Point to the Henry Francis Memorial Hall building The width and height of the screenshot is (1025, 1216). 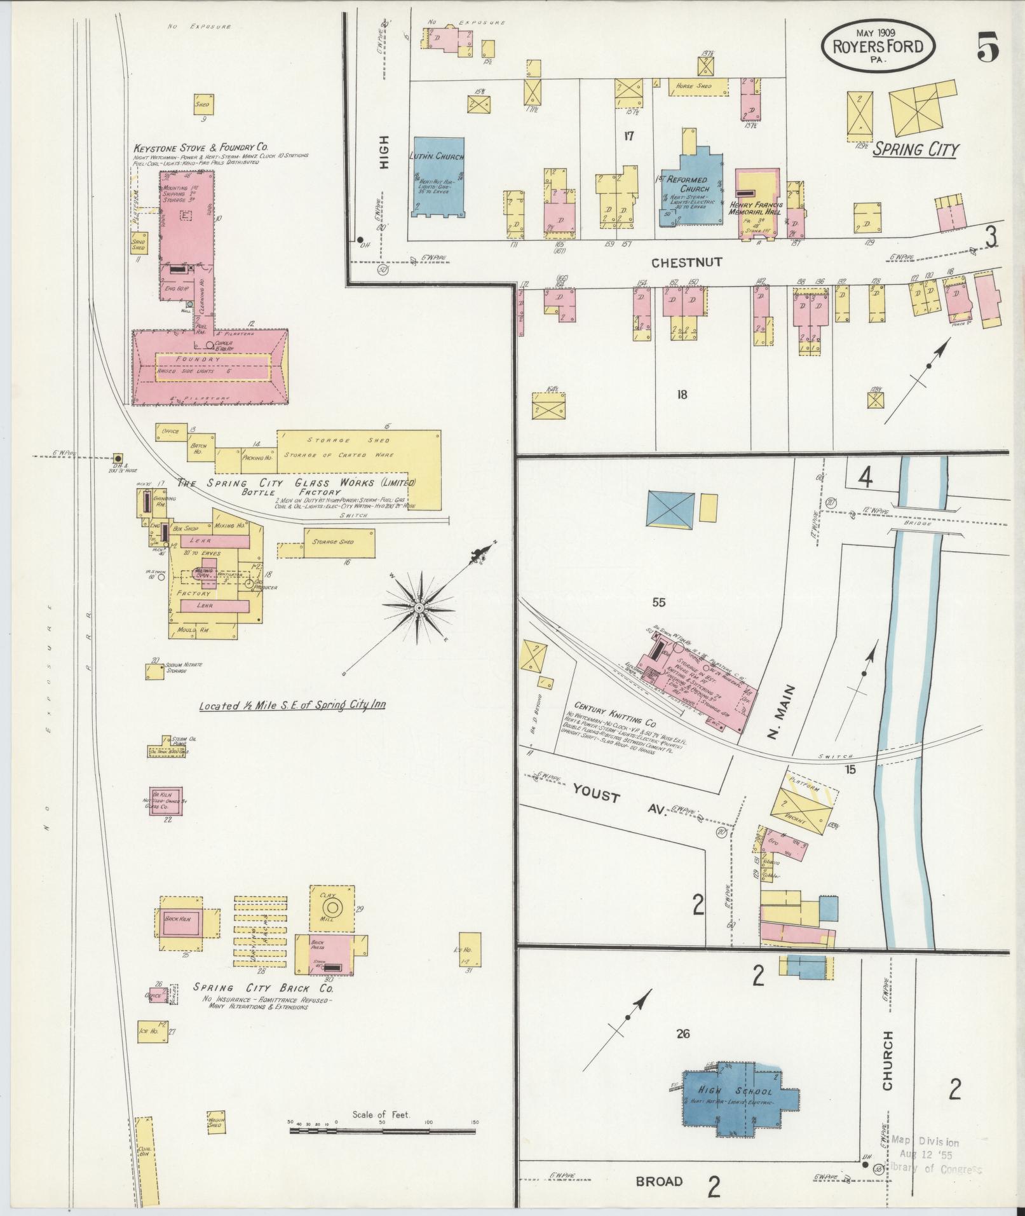[x=757, y=202]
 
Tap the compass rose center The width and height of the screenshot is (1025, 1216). [x=419, y=608]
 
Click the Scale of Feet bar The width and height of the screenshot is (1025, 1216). [x=381, y=1131]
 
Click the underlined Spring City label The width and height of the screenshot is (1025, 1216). [x=915, y=150]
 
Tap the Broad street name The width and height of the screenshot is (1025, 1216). [x=659, y=1181]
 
